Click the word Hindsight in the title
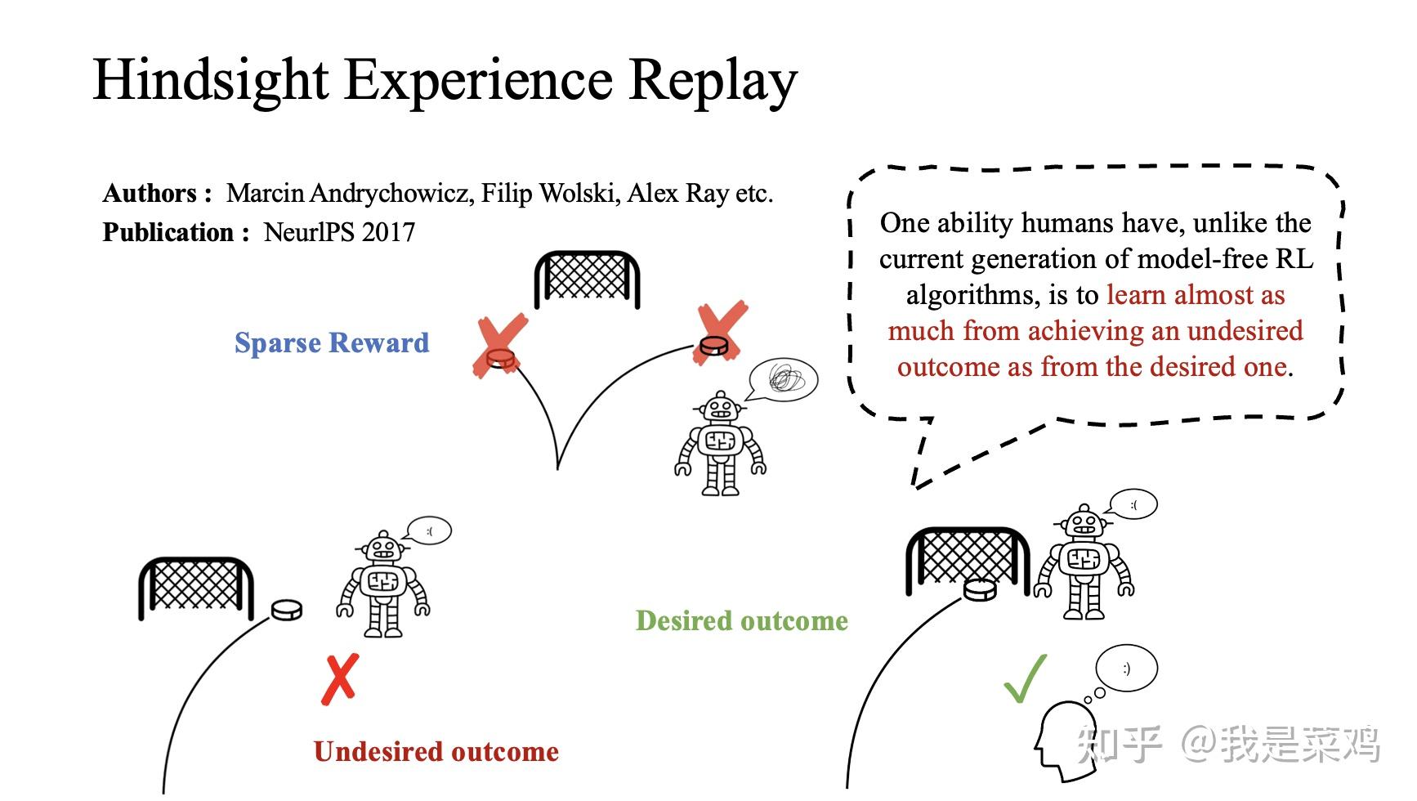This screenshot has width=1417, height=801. click(x=211, y=80)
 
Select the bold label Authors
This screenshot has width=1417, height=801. click(x=150, y=194)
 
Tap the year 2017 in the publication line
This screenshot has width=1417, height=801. click(x=388, y=232)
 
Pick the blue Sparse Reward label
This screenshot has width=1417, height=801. click(x=331, y=342)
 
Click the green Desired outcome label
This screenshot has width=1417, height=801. click(x=741, y=621)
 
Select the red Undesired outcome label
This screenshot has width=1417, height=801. click(x=436, y=752)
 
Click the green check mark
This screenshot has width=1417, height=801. click(x=1025, y=680)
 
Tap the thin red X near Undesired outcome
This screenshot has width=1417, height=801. click(x=340, y=679)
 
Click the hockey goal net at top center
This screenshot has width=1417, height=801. click(x=587, y=279)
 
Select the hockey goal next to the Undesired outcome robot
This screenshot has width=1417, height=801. click(x=196, y=587)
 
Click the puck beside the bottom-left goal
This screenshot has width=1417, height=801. click(x=286, y=610)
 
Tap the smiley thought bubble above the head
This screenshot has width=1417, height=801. click(x=1127, y=669)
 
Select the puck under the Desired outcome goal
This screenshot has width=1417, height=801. click(x=980, y=588)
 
